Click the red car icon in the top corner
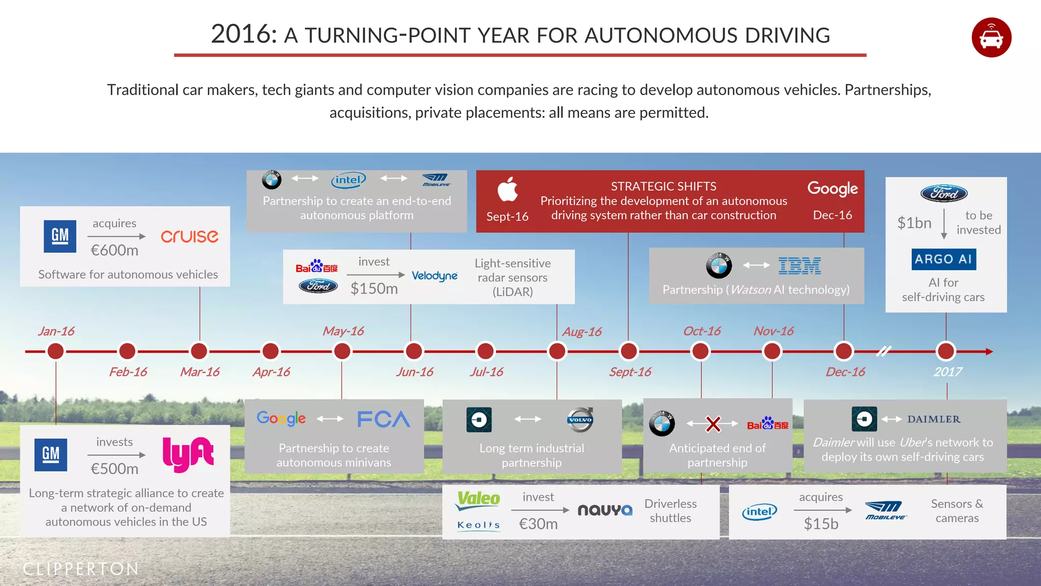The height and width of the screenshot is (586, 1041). (x=991, y=38)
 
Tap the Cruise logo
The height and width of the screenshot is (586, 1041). (x=190, y=237)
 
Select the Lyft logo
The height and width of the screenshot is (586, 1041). (x=188, y=454)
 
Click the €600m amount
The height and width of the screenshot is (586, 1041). (x=114, y=250)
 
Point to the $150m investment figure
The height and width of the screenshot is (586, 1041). (x=374, y=288)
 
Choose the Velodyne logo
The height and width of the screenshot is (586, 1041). (x=435, y=276)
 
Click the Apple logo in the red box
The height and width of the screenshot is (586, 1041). (x=507, y=190)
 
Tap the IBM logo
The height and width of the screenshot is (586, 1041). (x=800, y=266)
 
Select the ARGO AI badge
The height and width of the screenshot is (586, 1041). (x=943, y=259)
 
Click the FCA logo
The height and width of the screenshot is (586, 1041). (x=383, y=419)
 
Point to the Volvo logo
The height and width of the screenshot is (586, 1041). (x=580, y=420)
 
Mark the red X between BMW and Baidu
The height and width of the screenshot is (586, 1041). (x=713, y=424)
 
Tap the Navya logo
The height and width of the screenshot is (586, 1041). (x=605, y=510)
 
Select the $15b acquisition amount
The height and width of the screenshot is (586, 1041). (x=821, y=524)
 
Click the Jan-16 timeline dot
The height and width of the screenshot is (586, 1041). (x=55, y=351)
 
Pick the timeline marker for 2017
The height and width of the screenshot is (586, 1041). (x=945, y=351)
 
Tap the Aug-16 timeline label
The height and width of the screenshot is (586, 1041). (x=581, y=332)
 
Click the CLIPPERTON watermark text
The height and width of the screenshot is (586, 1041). (x=80, y=569)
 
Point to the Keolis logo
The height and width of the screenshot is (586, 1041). (x=478, y=525)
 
